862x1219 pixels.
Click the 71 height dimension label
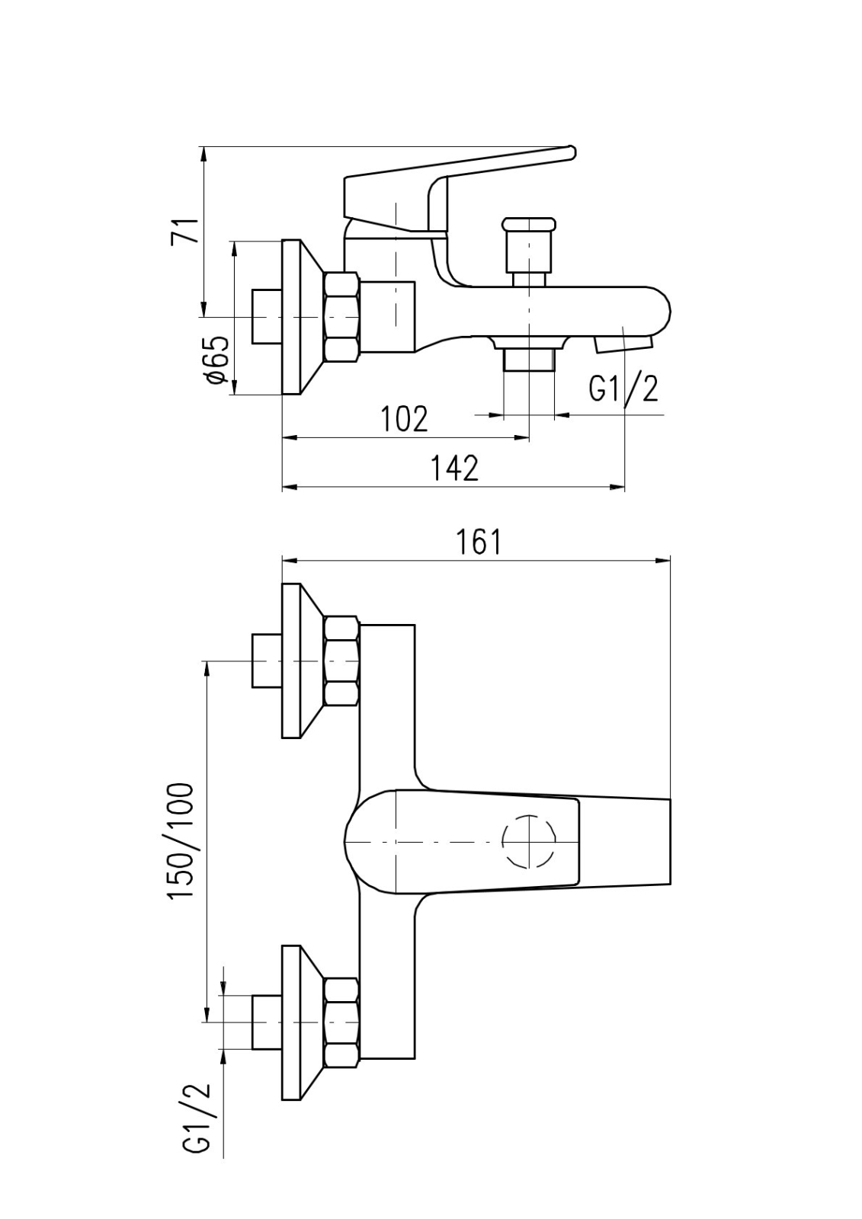(x=186, y=230)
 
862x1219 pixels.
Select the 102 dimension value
(x=404, y=418)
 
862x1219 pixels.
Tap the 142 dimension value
(x=455, y=468)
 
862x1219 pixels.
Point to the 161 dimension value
(x=479, y=541)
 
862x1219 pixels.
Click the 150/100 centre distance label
(x=181, y=840)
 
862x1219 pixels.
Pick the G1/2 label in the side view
(x=623, y=389)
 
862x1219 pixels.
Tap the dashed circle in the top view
(x=529, y=842)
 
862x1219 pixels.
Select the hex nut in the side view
(x=341, y=317)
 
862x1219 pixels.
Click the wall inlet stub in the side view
(x=267, y=316)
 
